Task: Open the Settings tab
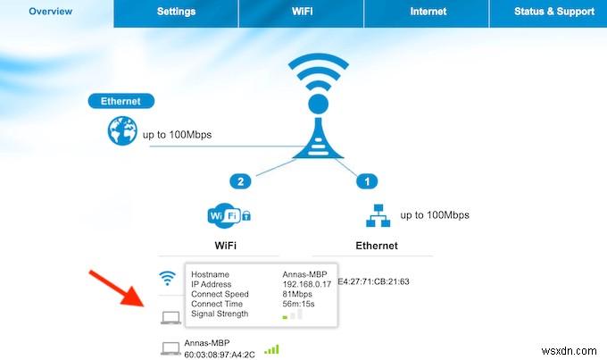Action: click(x=176, y=12)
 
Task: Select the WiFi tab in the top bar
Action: click(x=302, y=12)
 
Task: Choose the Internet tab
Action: click(x=428, y=12)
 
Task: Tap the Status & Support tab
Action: click(x=553, y=12)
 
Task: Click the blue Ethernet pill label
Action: click(x=121, y=102)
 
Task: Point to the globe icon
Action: click(x=121, y=134)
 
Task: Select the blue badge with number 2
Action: click(x=239, y=181)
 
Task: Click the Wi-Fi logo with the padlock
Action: click(x=229, y=215)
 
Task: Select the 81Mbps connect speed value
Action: click(x=295, y=296)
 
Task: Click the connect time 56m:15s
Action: click(x=298, y=305)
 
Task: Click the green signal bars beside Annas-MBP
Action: click(x=271, y=348)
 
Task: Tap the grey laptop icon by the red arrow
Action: click(x=170, y=317)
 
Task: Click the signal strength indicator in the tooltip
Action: click(x=292, y=315)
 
